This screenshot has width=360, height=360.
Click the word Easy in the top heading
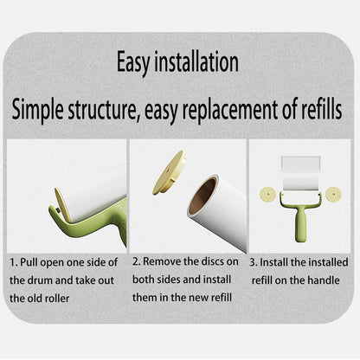(133, 63)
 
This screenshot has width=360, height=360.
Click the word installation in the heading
(196, 61)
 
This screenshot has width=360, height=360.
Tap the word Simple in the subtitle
(37, 110)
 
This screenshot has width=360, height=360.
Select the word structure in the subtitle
(103, 110)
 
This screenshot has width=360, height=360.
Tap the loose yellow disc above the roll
(169, 172)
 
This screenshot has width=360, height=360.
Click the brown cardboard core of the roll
(202, 196)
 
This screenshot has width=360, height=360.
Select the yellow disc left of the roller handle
(268, 194)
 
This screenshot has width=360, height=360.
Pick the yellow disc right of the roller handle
(333, 194)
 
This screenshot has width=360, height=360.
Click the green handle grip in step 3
(300, 226)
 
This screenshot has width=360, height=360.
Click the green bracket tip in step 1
(53, 210)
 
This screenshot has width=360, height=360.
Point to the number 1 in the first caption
(13, 262)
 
